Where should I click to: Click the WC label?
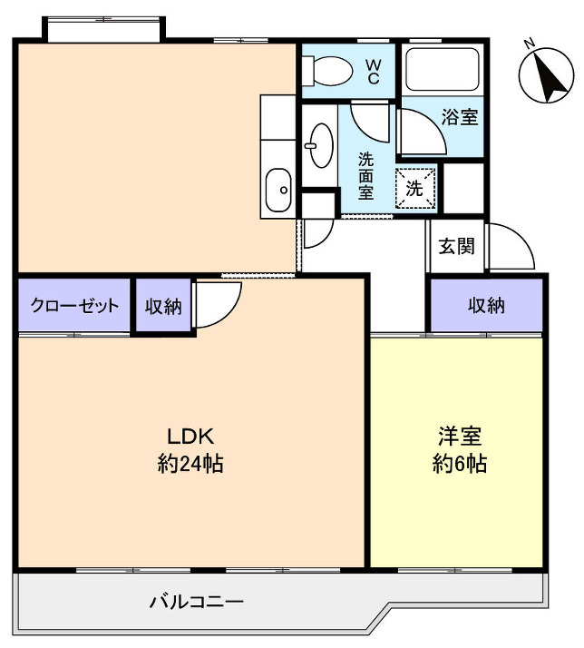point(373,71)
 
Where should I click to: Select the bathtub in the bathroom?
point(442,69)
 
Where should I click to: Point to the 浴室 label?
point(460,117)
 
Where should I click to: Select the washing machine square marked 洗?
point(415,189)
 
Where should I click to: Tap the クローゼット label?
point(74,306)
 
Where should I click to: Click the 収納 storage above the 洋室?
point(486,306)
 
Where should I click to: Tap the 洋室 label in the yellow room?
point(459,434)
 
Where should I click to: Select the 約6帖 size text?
point(459,465)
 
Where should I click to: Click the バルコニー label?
point(196,602)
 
